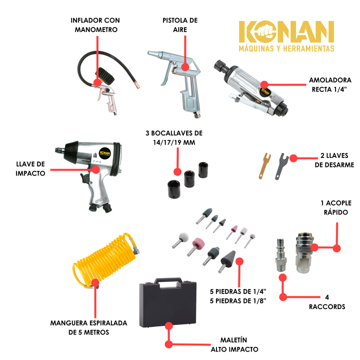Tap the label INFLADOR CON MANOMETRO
coord(95,25)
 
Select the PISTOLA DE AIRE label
coord(180,25)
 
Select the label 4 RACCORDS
coord(327,302)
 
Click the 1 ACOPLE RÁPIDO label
coord(335,207)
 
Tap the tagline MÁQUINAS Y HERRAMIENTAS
coord(285,48)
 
